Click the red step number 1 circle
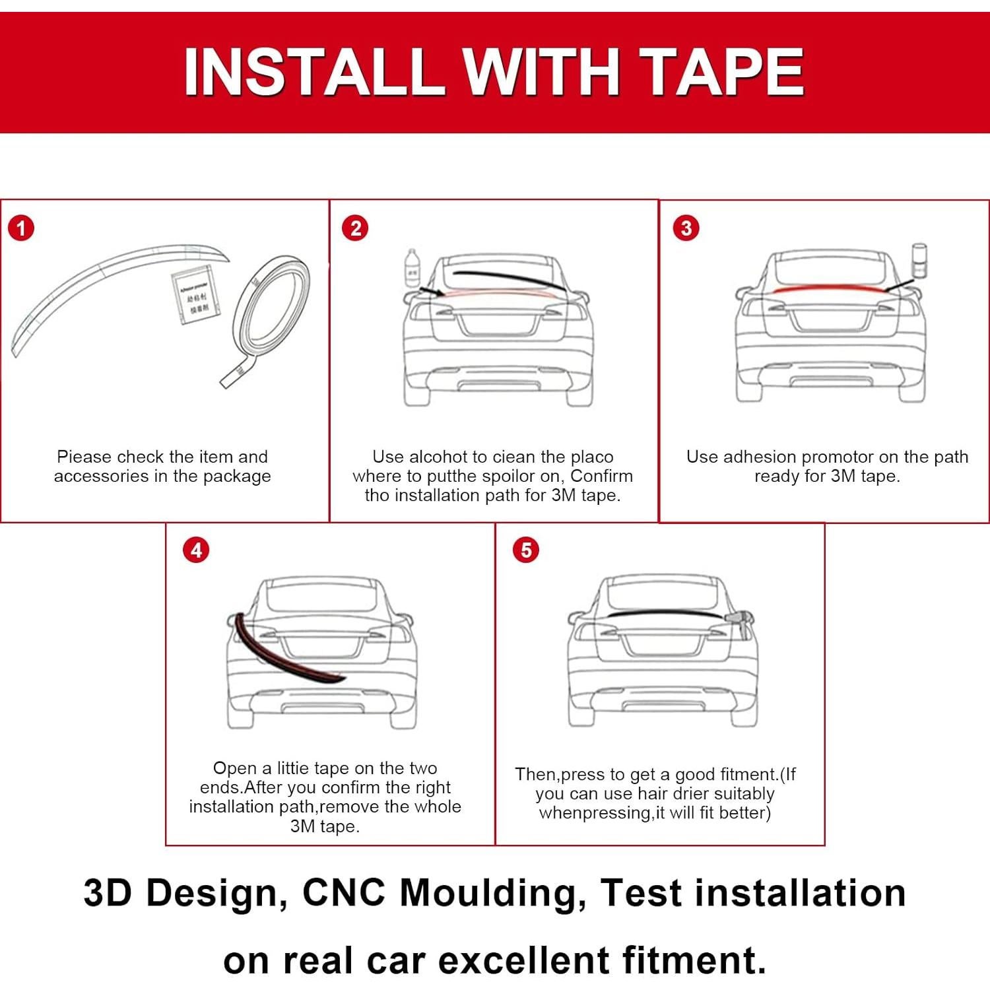(21, 229)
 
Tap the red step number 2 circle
(355, 229)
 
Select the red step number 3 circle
(686, 228)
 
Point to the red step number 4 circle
(196, 550)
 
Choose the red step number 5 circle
(526, 550)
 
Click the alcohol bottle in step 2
(412, 267)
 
